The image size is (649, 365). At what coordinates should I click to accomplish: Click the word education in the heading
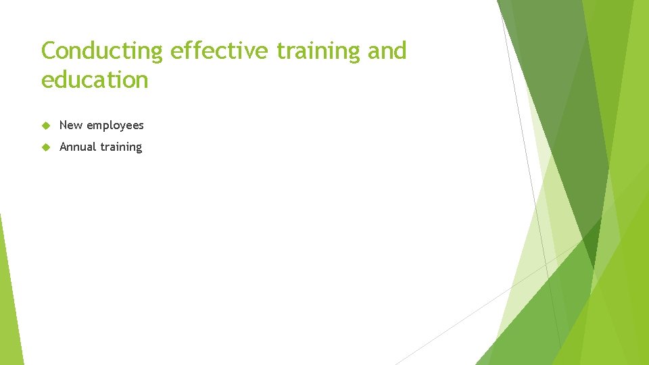click(95, 80)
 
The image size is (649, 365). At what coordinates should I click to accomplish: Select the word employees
click(115, 126)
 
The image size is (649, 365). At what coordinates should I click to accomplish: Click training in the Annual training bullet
click(121, 147)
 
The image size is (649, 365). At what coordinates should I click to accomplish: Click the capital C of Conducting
click(49, 51)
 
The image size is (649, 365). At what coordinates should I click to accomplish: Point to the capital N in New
click(64, 125)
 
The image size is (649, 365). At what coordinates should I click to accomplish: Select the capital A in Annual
click(64, 147)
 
